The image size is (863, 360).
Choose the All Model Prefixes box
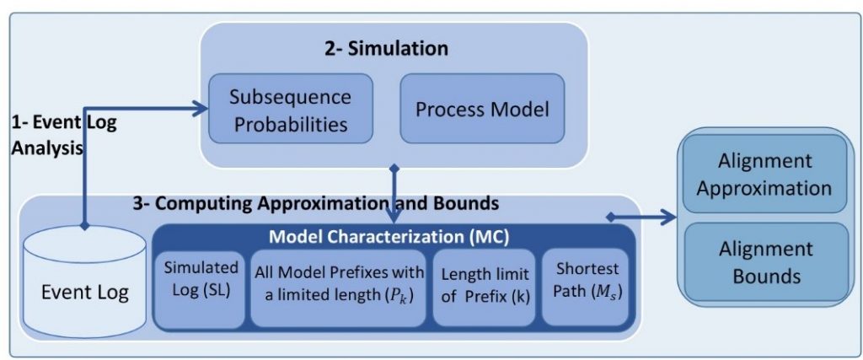point(339,287)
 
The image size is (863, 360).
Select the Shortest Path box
point(585,287)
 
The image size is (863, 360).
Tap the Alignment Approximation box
point(764,174)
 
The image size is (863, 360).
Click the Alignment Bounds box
point(764,262)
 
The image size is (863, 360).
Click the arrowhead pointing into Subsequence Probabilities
point(201,106)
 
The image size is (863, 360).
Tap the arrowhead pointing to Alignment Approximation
point(669,218)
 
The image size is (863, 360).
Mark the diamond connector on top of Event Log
point(85,226)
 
